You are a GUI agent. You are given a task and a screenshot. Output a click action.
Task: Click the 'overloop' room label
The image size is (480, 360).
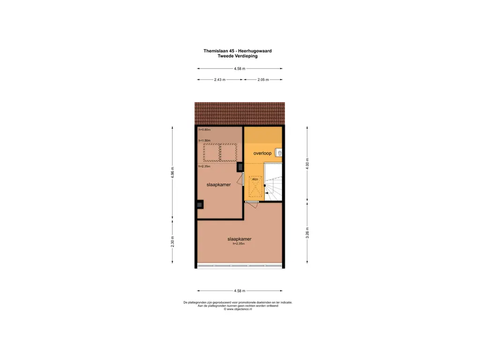click(262, 153)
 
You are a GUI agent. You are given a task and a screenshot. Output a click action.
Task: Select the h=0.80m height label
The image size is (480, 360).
click(204, 130)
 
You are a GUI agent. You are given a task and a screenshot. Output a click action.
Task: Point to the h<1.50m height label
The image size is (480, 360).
click(204, 141)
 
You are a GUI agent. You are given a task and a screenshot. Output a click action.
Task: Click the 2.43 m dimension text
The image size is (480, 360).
click(219, 80)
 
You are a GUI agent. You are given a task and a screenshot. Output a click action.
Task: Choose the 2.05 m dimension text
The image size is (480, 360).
click(263, 80)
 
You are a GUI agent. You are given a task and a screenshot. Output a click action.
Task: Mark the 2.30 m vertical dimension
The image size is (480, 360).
click(172, 241)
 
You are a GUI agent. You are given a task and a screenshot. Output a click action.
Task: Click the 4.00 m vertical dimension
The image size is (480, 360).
click(307, 164)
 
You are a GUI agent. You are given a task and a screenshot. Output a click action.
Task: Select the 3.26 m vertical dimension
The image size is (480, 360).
click(307, 232)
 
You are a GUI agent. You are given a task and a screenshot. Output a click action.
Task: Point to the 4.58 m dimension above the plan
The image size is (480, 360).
click(240, 69)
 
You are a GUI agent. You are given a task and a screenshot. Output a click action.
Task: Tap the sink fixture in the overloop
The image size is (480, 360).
click(279, 153)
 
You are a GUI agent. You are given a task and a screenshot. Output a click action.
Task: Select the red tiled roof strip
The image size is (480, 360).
click(240, 113)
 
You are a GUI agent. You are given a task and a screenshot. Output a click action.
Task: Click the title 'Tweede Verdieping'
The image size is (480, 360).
click(237, 56)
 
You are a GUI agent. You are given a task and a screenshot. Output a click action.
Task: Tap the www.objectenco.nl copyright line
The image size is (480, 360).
click(238, 309)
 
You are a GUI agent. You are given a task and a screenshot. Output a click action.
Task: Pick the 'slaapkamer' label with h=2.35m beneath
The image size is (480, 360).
click(240, 239)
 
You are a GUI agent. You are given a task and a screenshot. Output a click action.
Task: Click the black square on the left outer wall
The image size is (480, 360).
click(200, 204)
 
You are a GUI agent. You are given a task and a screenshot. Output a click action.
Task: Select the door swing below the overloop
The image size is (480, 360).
click(252, 202)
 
